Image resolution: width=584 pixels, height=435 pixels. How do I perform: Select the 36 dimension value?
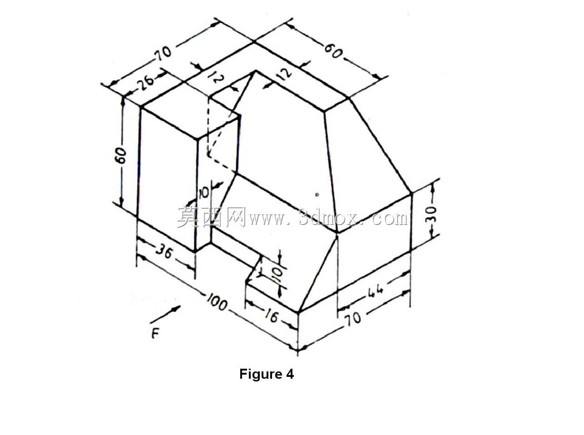[164, 252]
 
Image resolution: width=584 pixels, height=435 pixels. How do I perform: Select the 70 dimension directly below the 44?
[353, 317]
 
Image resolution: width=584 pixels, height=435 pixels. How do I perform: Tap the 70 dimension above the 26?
[163, 53]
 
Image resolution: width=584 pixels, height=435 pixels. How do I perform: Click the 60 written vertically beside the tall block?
[121, 156]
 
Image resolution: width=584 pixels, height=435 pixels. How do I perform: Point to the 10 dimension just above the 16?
[278, 275]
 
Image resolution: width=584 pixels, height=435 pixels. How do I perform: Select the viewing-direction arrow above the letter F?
[165, 314]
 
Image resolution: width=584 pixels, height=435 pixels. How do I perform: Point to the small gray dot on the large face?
[317, 195]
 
